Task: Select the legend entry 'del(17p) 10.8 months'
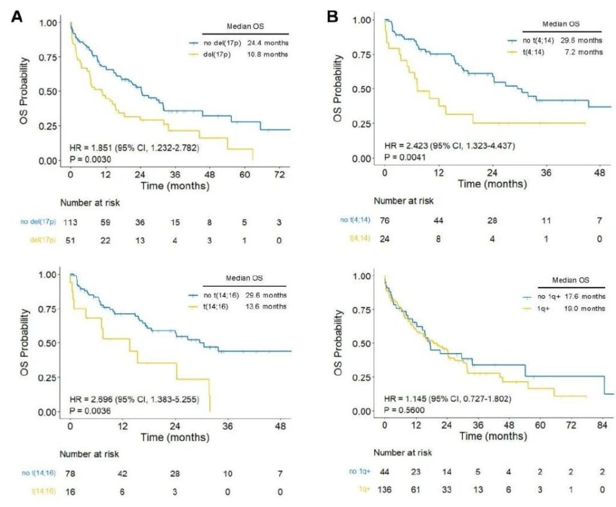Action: pos(237,55)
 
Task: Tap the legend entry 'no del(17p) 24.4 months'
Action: pos(237,43)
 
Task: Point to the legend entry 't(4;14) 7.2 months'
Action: pos(554,52)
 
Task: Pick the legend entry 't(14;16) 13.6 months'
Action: pos(237,306)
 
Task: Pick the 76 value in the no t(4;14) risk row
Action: pos(384,221)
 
